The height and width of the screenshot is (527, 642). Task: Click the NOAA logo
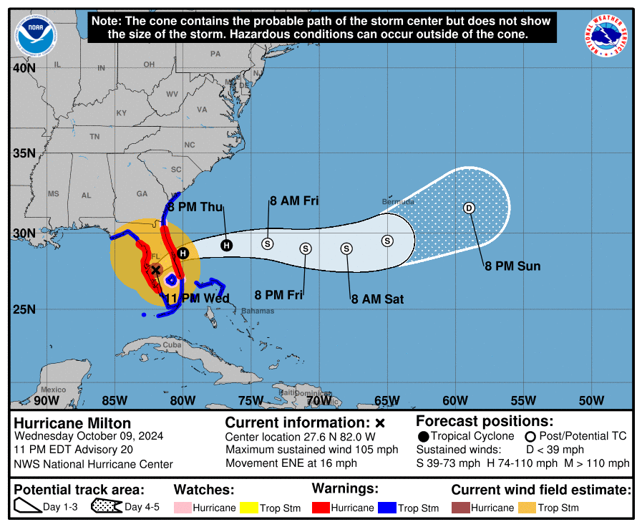[35, 35]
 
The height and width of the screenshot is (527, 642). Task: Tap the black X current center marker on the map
[155, 270]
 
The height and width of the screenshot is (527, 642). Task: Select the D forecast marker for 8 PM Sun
[469, 208]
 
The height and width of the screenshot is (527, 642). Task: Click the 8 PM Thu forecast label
[195, 208]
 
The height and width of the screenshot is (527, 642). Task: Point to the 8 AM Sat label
[377, 299]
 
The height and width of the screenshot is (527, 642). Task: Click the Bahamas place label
[258, 311]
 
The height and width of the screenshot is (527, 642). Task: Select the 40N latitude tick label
[23, 68]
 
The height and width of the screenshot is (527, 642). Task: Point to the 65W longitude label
[387, 400]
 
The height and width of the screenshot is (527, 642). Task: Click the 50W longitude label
[591, 400]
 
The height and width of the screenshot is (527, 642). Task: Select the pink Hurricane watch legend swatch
[183, 508]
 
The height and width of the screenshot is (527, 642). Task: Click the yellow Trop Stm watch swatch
[248, 508]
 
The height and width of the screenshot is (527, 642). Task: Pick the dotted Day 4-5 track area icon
[106, 508]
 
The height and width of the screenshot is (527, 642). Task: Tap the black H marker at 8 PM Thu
[226, 246]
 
